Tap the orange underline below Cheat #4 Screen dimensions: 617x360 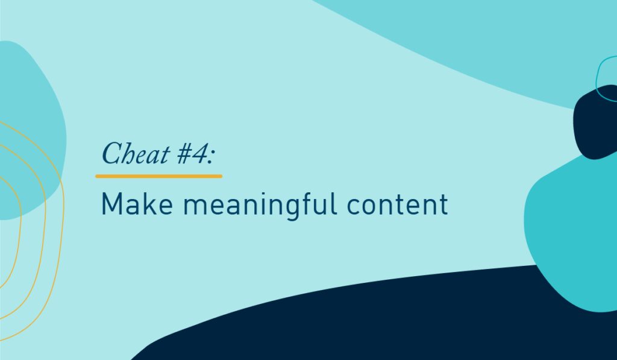[158, 176]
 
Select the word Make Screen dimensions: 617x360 [137, 204]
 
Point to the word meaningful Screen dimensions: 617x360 [260, 205]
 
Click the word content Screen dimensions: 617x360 [398, 204]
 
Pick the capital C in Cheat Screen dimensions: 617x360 [113, 153]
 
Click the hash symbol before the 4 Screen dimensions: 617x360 [183, 154]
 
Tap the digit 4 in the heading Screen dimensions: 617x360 [199, 154]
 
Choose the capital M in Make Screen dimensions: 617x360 [111, 204]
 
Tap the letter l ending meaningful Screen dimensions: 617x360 [335, 203]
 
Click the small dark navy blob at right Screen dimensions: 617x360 [595, 122]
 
